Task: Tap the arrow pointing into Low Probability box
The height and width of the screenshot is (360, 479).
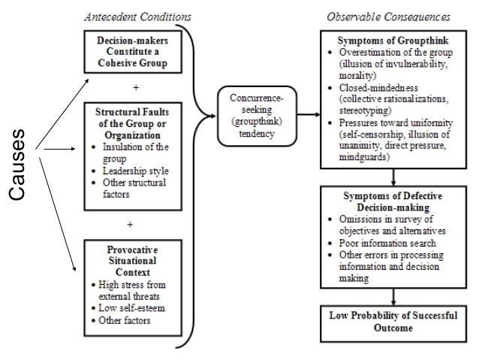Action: point(393,298)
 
